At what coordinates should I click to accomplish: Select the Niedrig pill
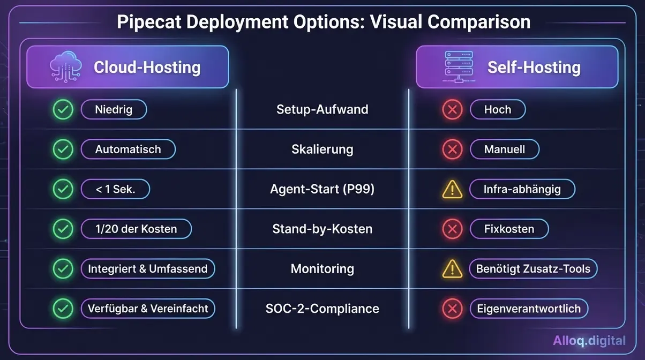[114, 110]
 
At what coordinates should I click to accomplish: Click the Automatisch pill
[128, 149]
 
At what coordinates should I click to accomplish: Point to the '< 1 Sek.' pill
[115, 189]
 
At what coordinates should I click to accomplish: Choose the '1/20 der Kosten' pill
[136, 229]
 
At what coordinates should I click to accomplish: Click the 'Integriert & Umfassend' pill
[147, 268]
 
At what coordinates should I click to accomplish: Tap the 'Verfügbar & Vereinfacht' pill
[147, 309]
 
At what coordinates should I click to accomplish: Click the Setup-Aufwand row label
[322, 110]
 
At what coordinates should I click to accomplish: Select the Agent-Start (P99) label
[322, 189]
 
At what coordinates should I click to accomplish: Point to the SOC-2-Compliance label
[322, 309]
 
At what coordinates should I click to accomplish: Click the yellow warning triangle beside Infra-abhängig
[452, 189]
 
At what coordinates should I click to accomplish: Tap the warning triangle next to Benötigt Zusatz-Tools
[452, 268]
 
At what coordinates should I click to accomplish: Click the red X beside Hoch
[452, 110]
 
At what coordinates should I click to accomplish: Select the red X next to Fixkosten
[452, 229]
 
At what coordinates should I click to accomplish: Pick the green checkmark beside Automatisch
[63, 149]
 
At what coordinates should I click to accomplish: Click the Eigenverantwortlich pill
[529, 309]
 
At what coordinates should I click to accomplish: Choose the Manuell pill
[504, 149]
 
